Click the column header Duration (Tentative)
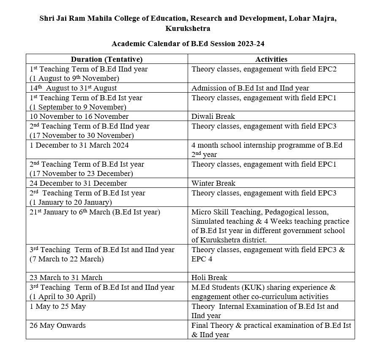[x=107, y=59]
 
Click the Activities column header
[x=271, y=59]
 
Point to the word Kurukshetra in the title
[x=188, y=29]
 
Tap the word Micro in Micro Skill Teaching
[x=201, y=212]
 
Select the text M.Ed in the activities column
[x=200, y=287]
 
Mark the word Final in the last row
[x=200, y=325]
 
